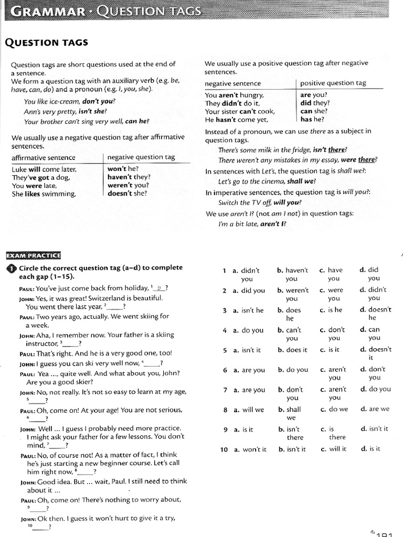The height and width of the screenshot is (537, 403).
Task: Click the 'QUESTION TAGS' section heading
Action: pyautogui.click(x=46, y=43)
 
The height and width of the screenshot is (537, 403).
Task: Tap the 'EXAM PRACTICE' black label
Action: pyautogui.click(x=33, y=255)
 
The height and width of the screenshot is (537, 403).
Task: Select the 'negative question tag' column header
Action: pyautogui.click(x=141, y=157)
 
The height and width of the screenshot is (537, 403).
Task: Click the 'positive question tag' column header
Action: pyautogui.click(x=333, y=83)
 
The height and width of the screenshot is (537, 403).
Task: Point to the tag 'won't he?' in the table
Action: pyautogui.click(x=123, y=169)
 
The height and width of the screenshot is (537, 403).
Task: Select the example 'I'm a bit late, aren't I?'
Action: pyautogui.click(x=252, y=223)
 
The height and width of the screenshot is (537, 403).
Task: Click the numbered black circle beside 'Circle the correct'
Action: pyautogui.click(x=11, y=269)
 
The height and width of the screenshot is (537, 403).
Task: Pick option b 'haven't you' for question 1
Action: pyautogui.click(x=292, y=274)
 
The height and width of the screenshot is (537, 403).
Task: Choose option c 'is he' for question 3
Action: pyautogui.click(x=331, y=310)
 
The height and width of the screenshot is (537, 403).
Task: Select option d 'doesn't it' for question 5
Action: pyautogui.click(x=375, y=353)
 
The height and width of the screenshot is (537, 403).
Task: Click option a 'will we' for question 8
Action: pyautogui.click(x=248, y=410)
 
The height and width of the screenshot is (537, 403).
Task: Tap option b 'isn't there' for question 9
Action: pyautogui.click(x=292, y=433)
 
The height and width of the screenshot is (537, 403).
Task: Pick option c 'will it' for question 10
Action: pyautogui.click(x=333, y=449)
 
